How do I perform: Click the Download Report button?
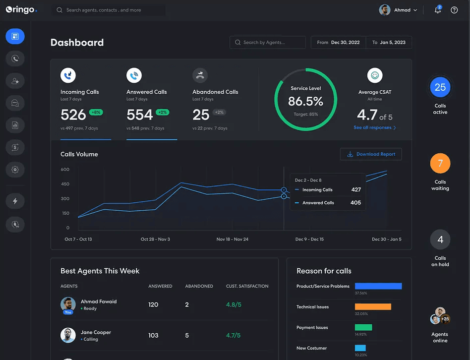371,154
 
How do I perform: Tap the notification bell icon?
437,10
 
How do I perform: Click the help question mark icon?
454,10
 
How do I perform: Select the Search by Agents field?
268,43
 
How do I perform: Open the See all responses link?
374,128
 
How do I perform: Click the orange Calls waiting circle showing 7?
440,164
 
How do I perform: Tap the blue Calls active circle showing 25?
440,87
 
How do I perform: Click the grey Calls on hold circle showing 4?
440,240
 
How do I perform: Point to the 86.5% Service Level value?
305,102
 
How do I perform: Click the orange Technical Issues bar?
373,307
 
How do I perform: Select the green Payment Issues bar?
363,327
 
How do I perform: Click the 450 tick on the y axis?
65,184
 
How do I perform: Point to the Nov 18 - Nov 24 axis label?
233,240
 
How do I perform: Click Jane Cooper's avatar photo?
68,335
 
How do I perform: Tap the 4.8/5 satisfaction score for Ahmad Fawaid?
234,304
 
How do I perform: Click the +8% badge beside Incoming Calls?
96,113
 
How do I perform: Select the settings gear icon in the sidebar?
15,170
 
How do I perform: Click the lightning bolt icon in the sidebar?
15,201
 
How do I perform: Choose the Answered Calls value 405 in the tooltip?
355,203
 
